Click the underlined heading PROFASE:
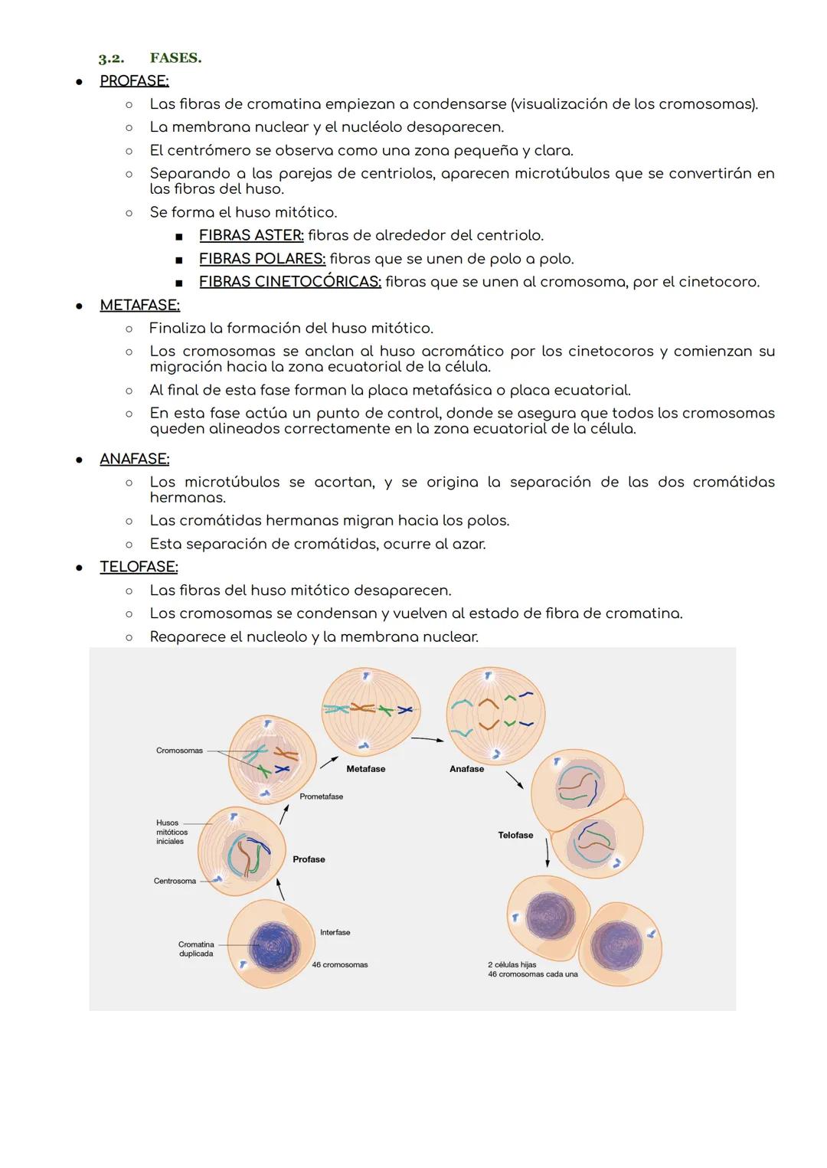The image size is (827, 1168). tap(134, 80)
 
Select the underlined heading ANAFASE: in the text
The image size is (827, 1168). tap(134, 459)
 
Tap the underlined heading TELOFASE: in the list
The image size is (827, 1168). tap(139, 567)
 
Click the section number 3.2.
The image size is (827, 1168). tap(111, 58)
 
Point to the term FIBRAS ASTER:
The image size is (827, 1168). tap(251, 235)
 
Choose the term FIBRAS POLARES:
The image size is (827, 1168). tap(262, 259)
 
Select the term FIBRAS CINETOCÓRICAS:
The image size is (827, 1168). tap(289, 282)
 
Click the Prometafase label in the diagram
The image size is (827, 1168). tap(321, 797)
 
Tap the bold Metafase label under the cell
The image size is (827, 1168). tap(365, 769)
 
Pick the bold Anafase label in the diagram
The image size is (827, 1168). tap(466, 769)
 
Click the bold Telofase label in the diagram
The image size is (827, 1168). tap(515, 836)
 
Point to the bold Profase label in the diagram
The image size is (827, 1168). tap(309, 859)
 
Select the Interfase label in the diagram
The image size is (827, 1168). tap(335, 932)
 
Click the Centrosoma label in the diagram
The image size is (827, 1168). tap(175, 881)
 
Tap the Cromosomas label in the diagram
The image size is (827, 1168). tap(179, 751)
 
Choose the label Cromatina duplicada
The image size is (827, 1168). tap(196, 949)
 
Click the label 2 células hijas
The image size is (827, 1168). tap(512, 965)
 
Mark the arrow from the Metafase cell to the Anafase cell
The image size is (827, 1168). tap(427, 739)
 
